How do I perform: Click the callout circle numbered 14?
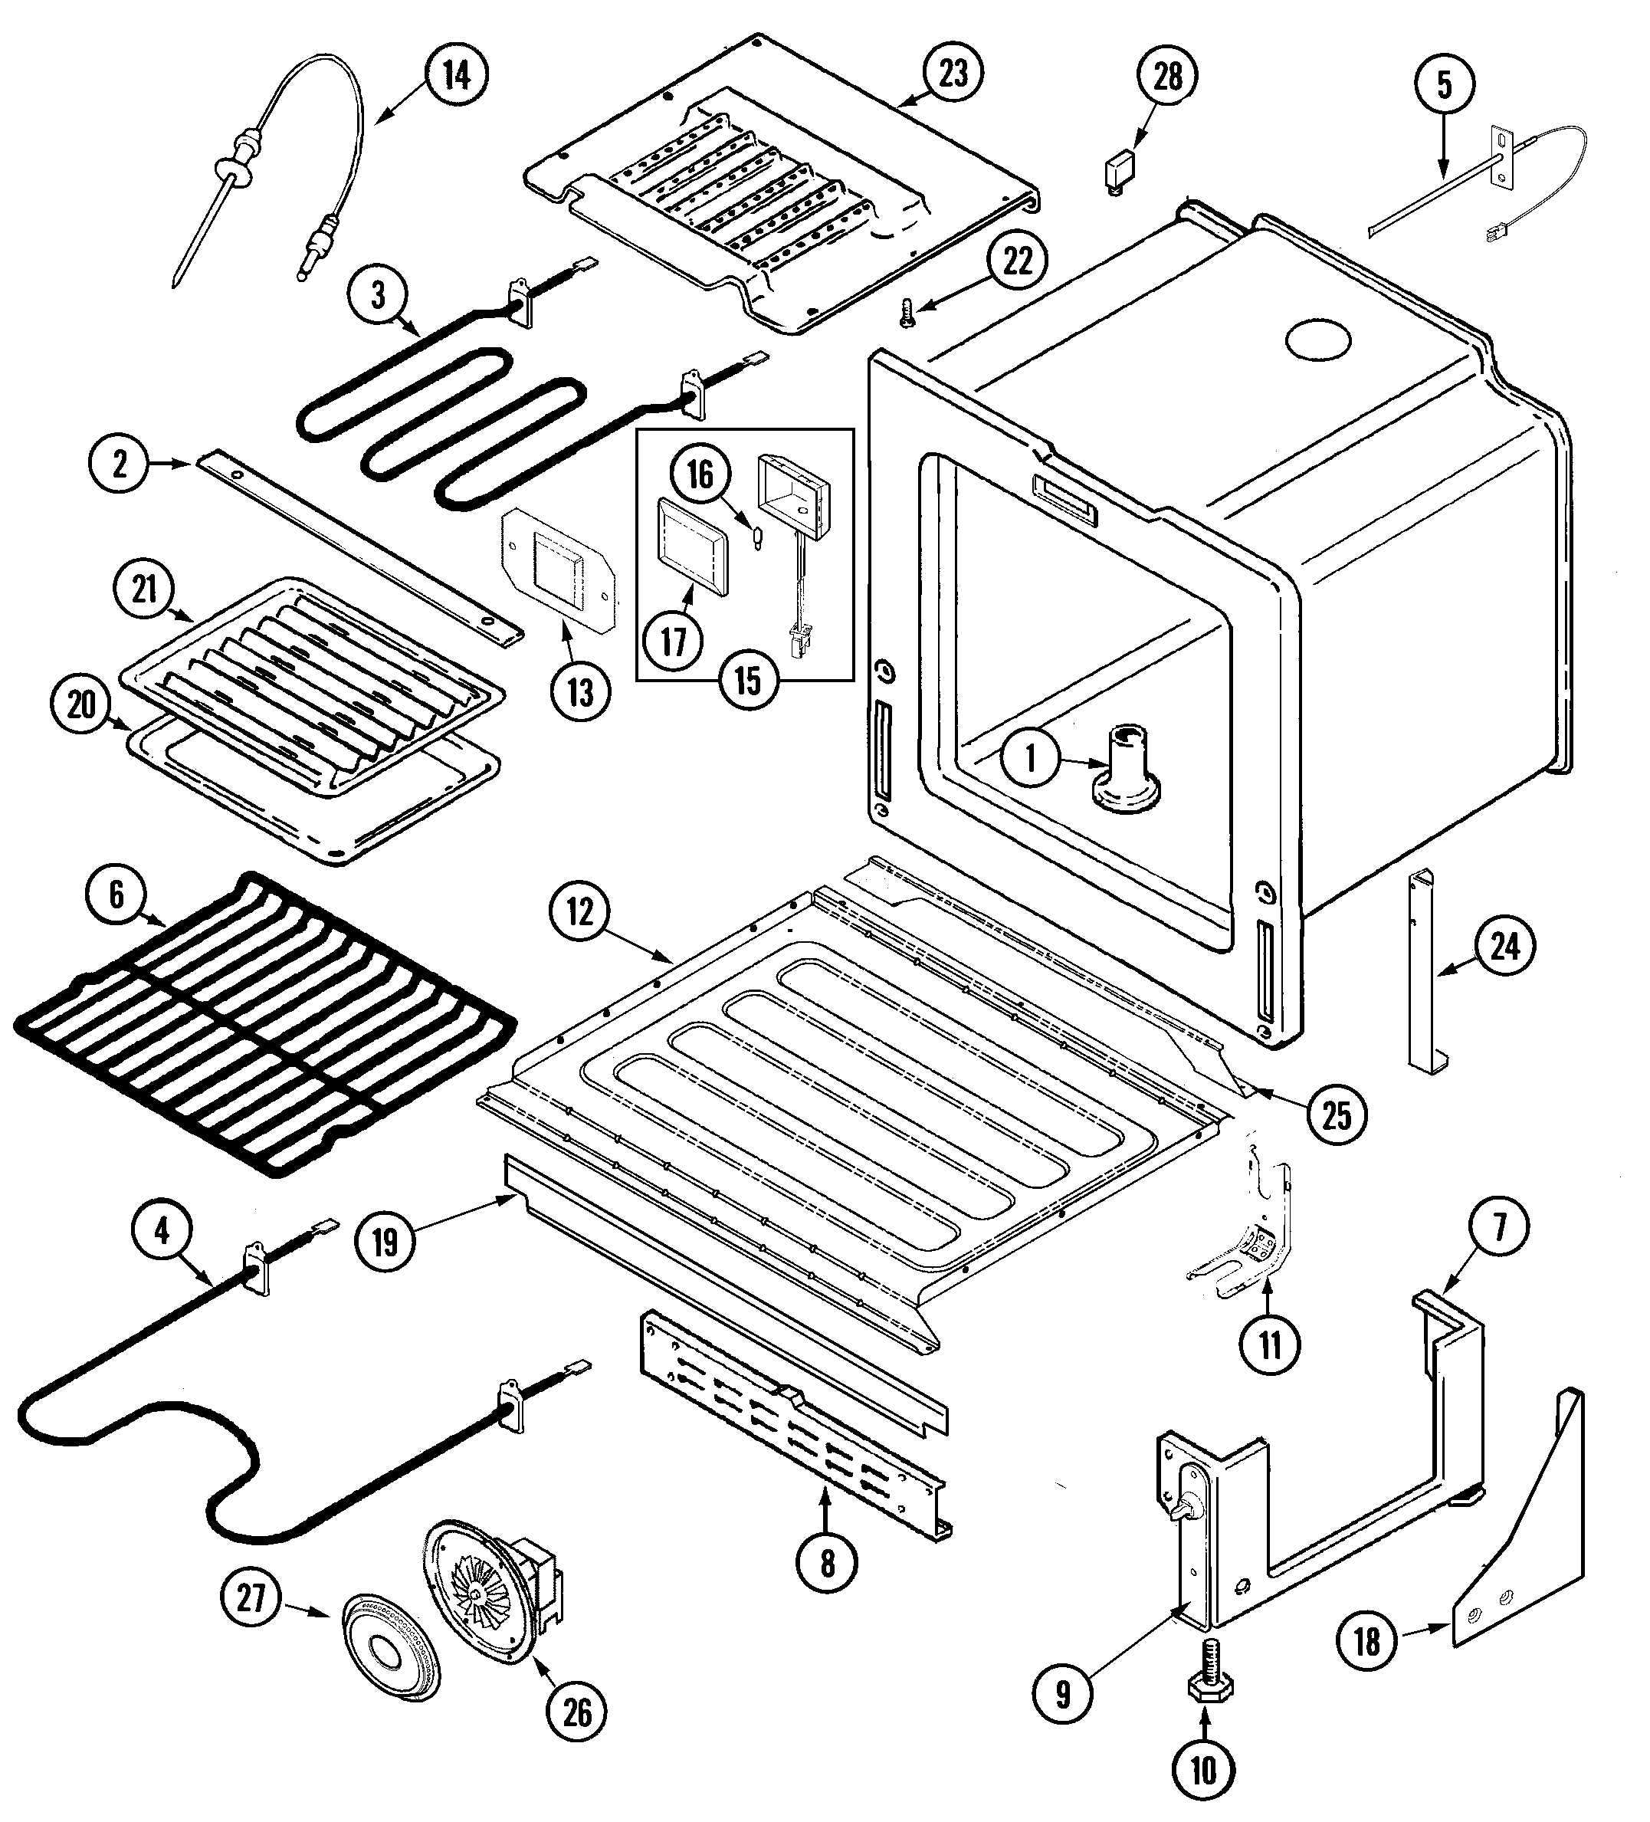(x=455, y=75)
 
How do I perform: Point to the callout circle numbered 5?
(x=1443, y=85)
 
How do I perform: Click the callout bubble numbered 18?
(x=1366, y=1640)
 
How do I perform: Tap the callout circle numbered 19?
(x=385, y=1242)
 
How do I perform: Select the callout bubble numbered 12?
(x=579, y=912)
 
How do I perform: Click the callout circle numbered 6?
(x=116, y=895)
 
